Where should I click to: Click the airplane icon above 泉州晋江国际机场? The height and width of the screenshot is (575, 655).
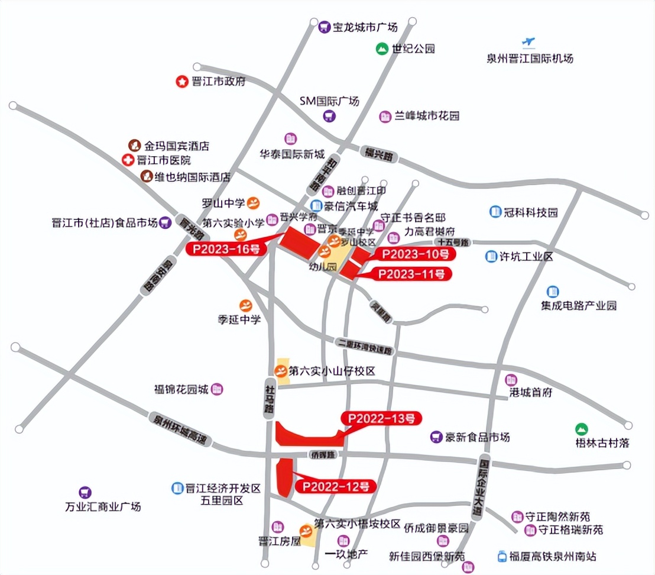(x=528, y=43)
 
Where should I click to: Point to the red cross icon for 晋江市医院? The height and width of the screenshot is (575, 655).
(x=127, y=160)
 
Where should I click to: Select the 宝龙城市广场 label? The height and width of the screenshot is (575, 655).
(x=365, y=27)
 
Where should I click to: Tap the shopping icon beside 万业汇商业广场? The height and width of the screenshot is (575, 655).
(x=86, y=492)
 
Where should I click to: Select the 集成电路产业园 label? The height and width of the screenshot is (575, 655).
(x=578, y=306)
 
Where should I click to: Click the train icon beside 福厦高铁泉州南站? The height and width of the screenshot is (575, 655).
(x=502, y=556)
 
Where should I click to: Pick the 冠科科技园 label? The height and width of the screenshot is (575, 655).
(x=531, y=212)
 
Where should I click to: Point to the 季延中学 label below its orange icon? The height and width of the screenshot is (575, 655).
(x=239, y=319)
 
